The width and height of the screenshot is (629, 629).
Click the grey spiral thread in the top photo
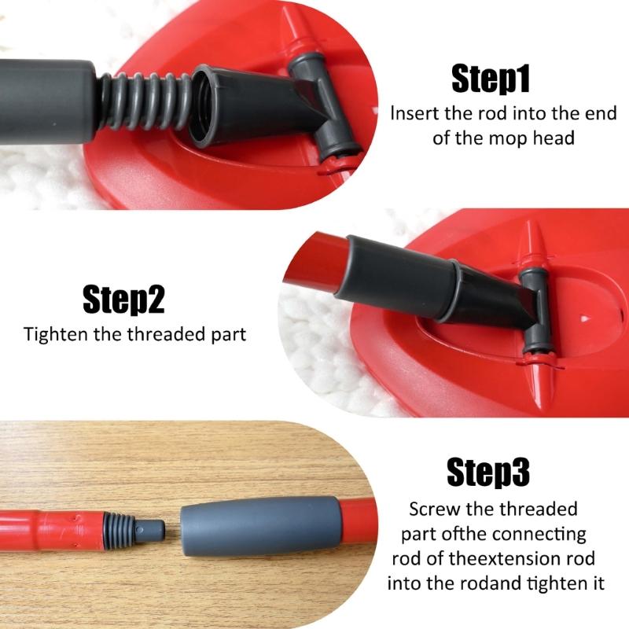click(x=150, y=97)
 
